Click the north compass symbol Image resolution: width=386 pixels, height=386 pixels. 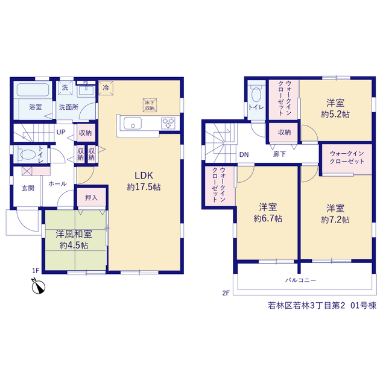(38, 286)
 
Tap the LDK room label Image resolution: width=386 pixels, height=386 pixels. (144, 176)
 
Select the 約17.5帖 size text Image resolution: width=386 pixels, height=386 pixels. (144, 188)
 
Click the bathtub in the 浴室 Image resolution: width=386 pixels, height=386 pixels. (33, 90)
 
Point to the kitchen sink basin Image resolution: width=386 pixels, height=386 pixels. (133, 123)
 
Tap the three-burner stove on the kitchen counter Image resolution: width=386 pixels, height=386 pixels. (168, 123)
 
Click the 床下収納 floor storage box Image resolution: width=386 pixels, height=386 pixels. (150, 106)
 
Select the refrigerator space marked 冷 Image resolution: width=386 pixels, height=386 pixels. (106, 88)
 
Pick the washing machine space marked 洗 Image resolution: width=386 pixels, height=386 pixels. (65, 87)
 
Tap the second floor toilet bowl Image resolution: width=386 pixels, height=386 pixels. (256, 94)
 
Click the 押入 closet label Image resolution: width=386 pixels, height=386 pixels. (91, 198)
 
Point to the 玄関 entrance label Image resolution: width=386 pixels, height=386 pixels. (28, 188)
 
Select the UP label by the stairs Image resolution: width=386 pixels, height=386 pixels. (61, 132)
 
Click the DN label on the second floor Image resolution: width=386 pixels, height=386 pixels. (244, 154)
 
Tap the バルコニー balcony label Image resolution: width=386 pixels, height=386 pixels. (300, 280)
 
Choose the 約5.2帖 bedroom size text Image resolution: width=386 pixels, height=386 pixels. (335, 115)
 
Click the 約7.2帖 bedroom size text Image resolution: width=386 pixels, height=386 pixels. (335, 220)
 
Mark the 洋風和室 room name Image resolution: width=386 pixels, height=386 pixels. (74, 234)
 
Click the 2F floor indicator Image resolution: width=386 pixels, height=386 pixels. (226, 293)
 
